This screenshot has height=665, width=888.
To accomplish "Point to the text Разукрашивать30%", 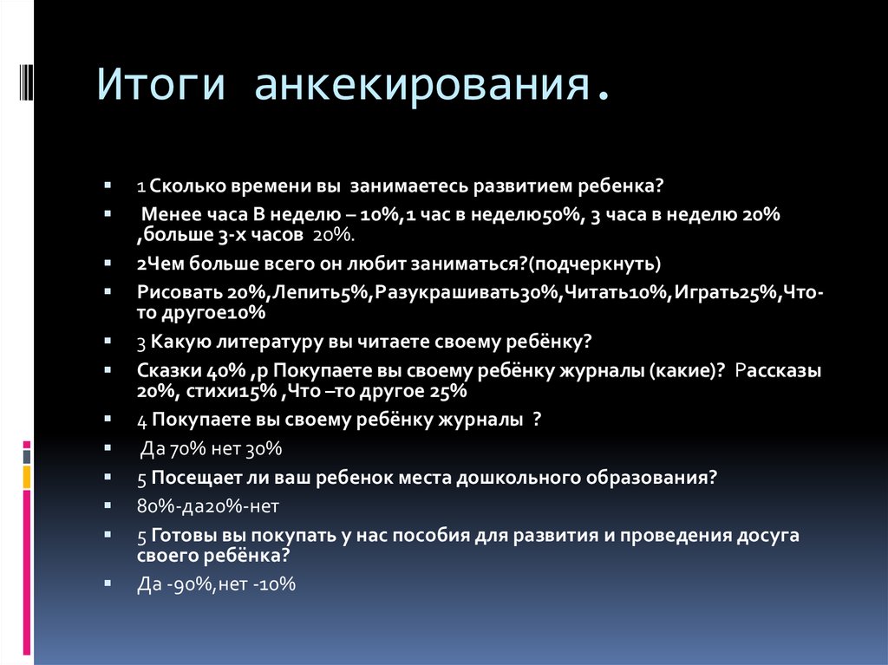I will click(465, 294).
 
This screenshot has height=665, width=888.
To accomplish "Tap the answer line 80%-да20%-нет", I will click(207, 505).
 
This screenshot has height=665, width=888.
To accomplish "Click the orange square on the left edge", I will click(26, 476).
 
